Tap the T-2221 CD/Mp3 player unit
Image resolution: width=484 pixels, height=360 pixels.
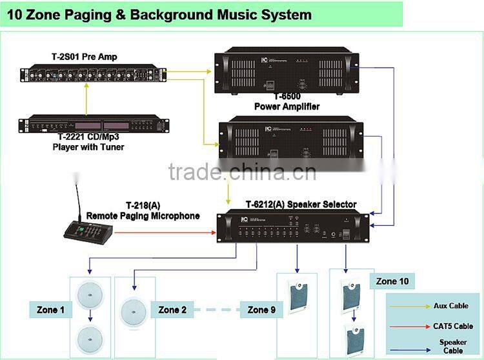94,123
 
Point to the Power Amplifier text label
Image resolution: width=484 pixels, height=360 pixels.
287,106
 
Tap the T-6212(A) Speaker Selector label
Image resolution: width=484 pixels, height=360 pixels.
301,205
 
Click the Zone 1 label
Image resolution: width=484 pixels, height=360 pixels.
51,310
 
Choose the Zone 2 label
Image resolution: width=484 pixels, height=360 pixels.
172,310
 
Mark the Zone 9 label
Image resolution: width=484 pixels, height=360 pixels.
261,310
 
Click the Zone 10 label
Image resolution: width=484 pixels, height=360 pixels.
392,281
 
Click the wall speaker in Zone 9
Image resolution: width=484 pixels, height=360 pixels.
297,295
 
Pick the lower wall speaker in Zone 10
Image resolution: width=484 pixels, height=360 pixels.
354,337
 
